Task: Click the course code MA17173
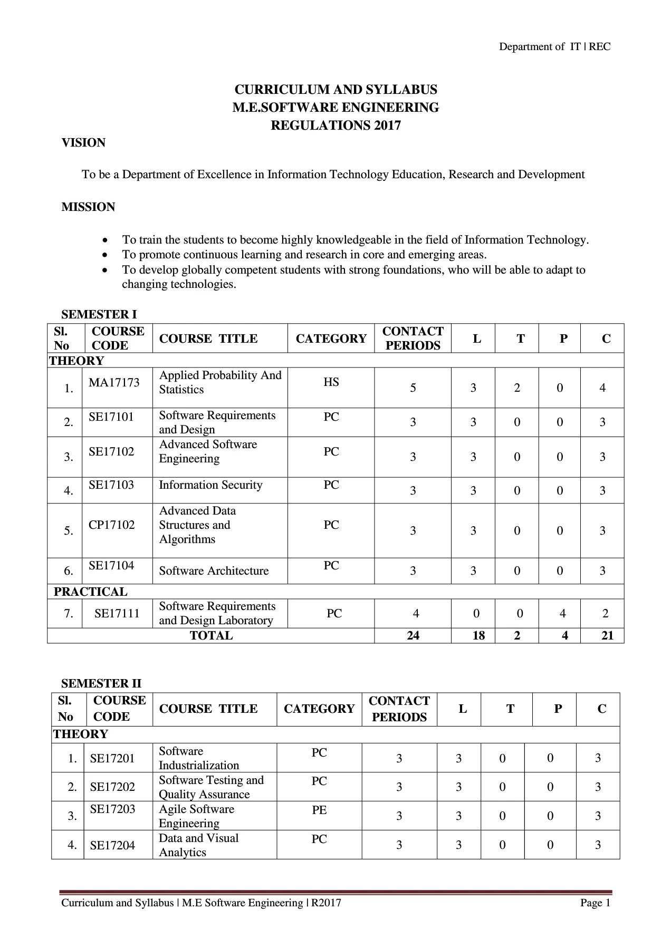(114, 382)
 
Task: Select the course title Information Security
(210, 485)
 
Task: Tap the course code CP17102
(112, 525)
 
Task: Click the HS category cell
(331, 382)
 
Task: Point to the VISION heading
(83, 143)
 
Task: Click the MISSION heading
(88, 207)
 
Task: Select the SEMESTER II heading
(101, 683)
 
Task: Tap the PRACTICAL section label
(91, 592)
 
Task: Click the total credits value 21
(608, 635)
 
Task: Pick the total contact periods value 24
(413, 635)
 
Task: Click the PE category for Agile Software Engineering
(319, 810)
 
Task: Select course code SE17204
(112, 845)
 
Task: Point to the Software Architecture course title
(214, 570)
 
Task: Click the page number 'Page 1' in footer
(595, 903)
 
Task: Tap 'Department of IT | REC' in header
(554, 47)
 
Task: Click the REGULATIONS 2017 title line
(335, 125)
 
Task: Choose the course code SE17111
(117, 613)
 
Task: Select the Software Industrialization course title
(199, 758)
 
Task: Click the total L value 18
(478, 635)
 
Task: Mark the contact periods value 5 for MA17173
(413, 388)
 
